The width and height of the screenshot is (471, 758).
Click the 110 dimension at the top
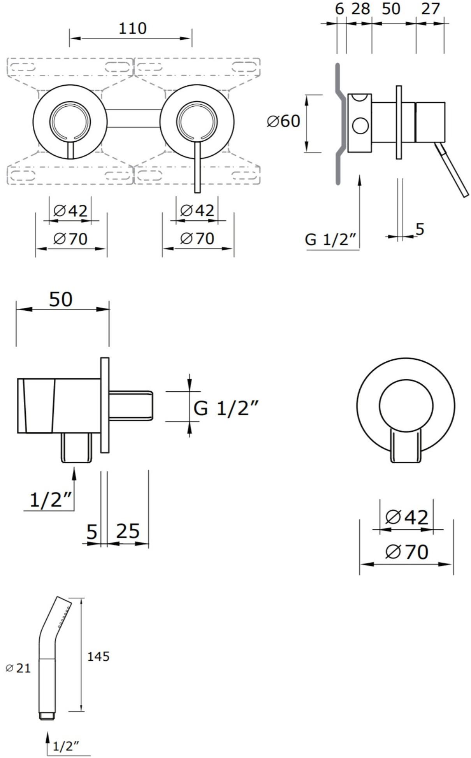(132, 28)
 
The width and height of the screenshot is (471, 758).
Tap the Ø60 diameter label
(283, 121)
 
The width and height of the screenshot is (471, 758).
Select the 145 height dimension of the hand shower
(98, 656)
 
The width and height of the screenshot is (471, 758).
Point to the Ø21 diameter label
(18, 668)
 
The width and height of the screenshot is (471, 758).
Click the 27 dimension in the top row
(431, 9)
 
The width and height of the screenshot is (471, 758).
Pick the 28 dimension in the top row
(361, 9)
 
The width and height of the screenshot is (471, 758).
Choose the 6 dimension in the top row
(340, 9)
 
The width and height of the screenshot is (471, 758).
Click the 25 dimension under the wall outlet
(128, 531)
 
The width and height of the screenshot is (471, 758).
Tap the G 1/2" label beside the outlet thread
(226, 408)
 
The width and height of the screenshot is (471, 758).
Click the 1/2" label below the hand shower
(66, 746)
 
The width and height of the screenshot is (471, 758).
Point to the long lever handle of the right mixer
(197, 166)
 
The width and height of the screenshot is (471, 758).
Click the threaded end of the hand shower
(47, 716)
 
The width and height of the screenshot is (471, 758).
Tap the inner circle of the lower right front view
(406, 405)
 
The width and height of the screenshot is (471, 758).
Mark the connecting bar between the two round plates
(134, 118)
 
